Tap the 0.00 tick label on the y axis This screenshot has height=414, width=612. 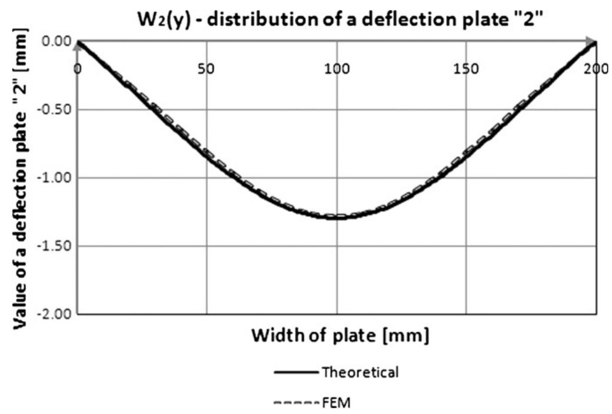[56, 42]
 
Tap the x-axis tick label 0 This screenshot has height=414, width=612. [78, 68]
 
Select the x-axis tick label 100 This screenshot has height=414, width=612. [337, 68]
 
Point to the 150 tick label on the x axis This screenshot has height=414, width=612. [466, 68]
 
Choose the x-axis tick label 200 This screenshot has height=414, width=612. [596, 68]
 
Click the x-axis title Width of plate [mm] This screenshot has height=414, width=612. [340, 337]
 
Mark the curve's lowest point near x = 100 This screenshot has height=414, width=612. [337, 218]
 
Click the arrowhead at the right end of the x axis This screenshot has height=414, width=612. [592, 42]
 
